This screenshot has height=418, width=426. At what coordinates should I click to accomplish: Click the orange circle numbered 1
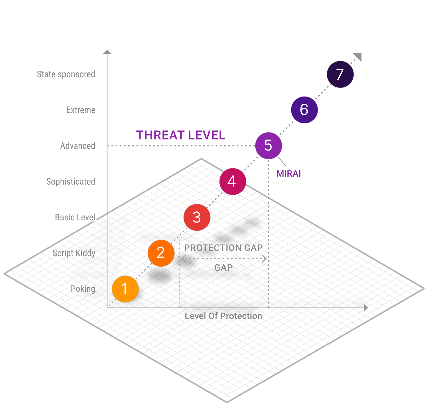[125, 289]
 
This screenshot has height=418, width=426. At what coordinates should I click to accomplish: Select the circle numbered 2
[161, 253]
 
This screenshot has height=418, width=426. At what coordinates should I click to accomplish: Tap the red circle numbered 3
[197, 217]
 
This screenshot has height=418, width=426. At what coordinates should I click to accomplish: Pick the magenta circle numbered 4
[233, 181]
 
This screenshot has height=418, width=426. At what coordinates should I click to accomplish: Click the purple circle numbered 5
[268, 146]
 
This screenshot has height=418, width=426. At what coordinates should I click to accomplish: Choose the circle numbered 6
[304, 110]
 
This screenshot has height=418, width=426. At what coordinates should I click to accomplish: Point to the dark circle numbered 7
[340, 74]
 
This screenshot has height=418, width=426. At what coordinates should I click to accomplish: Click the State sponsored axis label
[66, 74]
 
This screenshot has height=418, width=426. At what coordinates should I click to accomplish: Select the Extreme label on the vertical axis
[81, 110]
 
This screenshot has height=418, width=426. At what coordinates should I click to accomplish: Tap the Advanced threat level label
[78, 146]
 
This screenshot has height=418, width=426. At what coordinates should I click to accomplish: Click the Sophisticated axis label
[70, 182]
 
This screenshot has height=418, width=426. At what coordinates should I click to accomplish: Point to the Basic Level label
[75, 218]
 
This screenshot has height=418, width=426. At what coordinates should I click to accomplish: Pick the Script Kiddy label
[74, 253]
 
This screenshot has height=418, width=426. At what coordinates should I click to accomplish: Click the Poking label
[83, 289]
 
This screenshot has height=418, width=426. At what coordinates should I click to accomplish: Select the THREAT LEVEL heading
[181, 135]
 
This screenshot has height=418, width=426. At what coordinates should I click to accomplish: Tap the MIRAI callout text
[289, 174]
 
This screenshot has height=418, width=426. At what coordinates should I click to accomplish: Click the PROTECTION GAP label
[224, 248]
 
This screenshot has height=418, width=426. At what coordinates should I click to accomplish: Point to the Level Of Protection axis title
[223, 316]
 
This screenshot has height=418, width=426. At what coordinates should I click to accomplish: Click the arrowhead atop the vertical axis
[107, 52]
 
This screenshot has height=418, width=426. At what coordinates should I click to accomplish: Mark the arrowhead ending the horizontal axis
[366, 308]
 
